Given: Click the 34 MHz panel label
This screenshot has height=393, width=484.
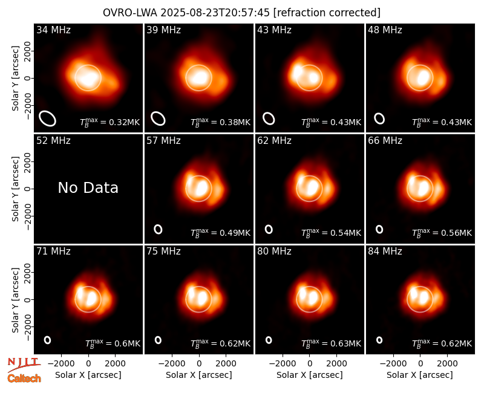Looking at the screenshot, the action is click(x=53, y=30).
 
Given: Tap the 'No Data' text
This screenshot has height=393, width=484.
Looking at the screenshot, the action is click(x=88, y=187).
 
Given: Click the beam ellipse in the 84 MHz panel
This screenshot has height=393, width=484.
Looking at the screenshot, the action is click(x=379, y=340).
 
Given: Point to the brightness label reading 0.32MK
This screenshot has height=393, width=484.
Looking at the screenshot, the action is click(x=110, y=122).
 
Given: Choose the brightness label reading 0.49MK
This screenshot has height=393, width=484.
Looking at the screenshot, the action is click(x=220, y=233).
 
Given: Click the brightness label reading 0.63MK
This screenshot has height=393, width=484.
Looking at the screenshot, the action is click(x=331, y=343).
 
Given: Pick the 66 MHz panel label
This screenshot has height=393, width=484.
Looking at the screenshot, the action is click(x=385, y=141).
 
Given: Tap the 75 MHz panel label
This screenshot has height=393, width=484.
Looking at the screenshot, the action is click(x=163, y=251).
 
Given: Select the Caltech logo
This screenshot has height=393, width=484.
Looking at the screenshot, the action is click(x=24, y=378).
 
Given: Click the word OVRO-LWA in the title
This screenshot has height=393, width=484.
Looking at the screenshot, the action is click(x=129, y=13).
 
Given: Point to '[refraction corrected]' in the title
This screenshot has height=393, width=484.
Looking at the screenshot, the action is click(x=327, y=13).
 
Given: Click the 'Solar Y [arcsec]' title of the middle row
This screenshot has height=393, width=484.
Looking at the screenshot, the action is click(x=15, y=189).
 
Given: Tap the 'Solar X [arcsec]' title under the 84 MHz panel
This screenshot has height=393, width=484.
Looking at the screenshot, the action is click(x=420, y=375).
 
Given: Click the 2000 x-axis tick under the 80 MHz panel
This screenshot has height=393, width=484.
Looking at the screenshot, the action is click(x=336, y=363).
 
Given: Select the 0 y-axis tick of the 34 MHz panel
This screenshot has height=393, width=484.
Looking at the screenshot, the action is click(x=28, y=78).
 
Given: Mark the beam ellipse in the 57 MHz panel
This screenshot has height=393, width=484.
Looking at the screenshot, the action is click(x=158, y=229).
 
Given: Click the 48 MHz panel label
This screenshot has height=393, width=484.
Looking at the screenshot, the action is click(x=385, y=30).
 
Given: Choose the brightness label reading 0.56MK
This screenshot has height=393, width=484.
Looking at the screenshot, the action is click(x=442, y=233).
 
